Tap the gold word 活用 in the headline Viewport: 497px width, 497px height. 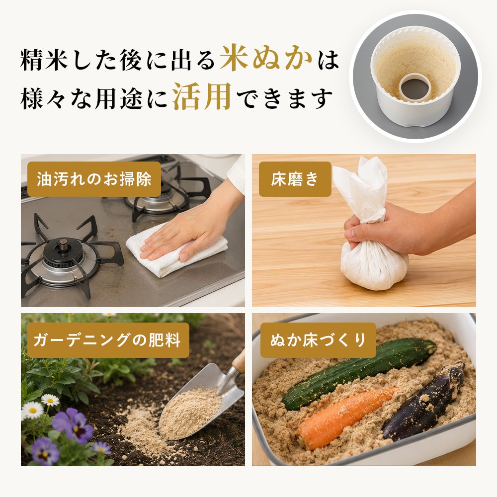coord(202,96)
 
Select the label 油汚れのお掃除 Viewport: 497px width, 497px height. coord(94,179)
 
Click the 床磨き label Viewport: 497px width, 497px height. coord(295,179)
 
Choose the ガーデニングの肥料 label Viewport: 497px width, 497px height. coord(108,340)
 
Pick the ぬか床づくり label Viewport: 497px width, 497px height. coord(318,340)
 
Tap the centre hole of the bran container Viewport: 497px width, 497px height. coord(414,88)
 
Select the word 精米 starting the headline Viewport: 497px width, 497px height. coord(44,60)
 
